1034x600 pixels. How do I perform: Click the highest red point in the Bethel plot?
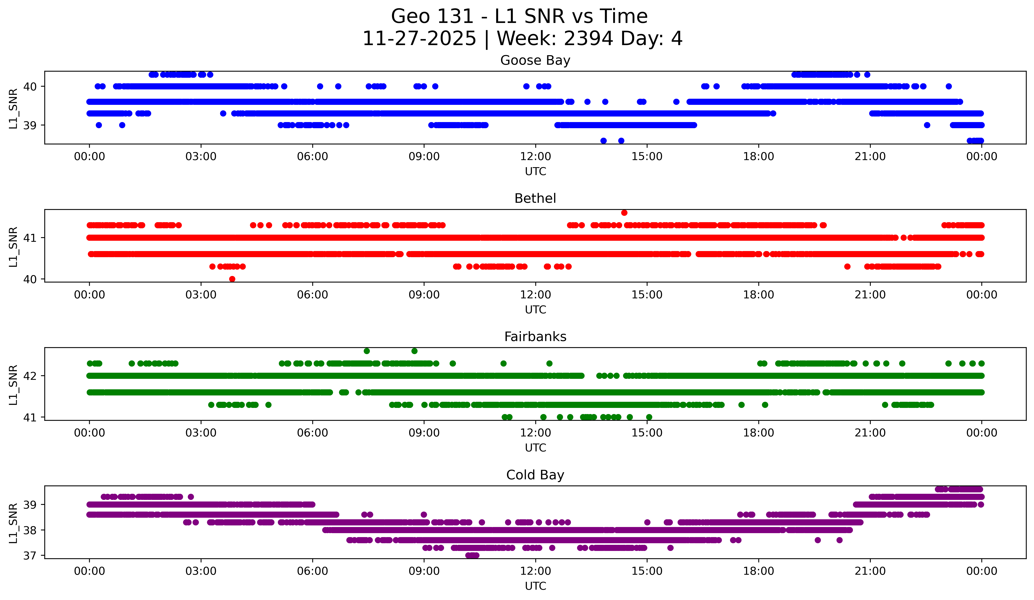[624, 212]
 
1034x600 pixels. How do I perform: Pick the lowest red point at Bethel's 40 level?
[232, 279]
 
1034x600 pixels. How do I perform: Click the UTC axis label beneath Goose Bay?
[536, 172]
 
